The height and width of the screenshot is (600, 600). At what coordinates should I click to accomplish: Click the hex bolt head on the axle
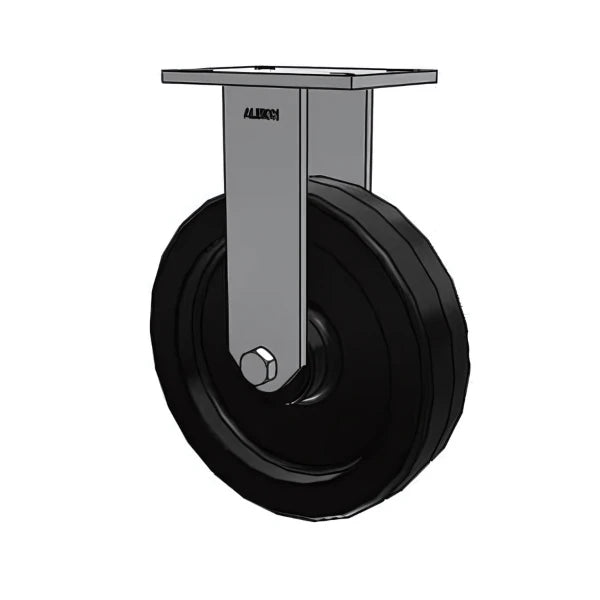[260, 367]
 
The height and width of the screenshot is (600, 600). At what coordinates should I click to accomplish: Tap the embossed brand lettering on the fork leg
[261, 114]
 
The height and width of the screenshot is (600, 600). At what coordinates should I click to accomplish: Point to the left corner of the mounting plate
[165, 76]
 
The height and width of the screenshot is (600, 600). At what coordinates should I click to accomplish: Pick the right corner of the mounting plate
[435, 76]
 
